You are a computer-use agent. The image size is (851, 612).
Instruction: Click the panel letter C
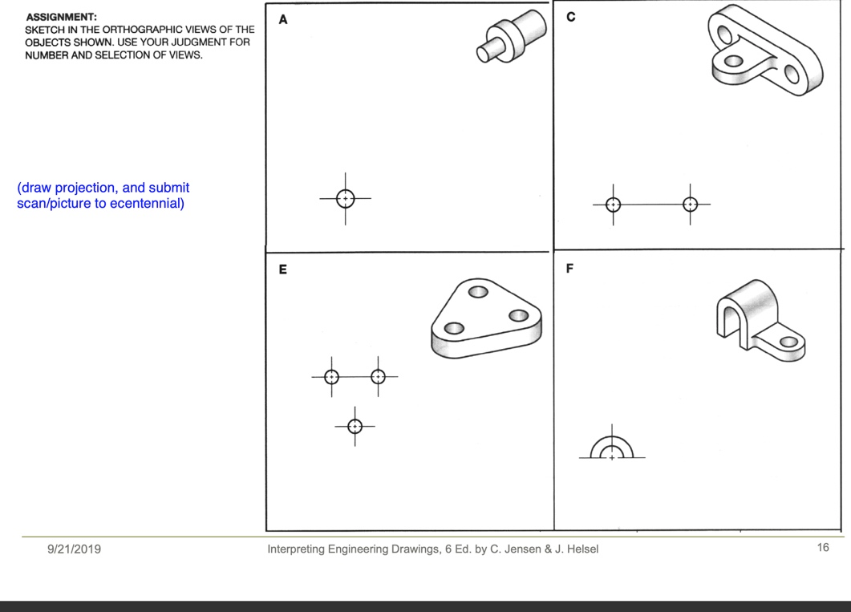570,18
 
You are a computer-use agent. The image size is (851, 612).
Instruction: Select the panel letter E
282,270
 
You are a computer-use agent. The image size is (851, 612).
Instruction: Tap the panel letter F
569,269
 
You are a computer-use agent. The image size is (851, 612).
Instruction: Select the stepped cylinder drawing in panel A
511,37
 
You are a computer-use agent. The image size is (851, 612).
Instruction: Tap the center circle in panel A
345,198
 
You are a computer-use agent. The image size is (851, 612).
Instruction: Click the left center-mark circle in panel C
613,205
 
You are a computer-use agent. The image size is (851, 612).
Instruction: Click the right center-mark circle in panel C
690,205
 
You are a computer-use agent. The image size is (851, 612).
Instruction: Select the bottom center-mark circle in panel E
355,426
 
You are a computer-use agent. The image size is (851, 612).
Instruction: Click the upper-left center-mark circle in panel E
331,376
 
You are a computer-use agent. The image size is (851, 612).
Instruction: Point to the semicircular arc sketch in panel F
612,448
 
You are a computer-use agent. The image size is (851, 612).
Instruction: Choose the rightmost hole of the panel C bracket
792,75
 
